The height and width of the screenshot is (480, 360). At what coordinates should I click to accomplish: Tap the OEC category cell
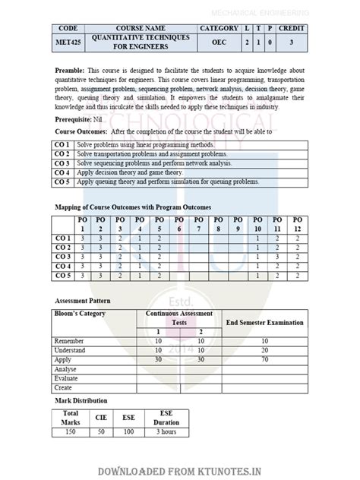coord(219,44)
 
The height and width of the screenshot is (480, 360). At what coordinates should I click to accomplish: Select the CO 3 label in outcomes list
coord(62,163)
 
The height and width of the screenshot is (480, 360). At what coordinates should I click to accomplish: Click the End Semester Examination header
coord(265,322)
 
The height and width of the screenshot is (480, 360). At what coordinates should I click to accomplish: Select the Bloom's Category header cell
coord(80,314)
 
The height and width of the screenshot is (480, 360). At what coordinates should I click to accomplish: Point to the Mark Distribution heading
coord(81,400)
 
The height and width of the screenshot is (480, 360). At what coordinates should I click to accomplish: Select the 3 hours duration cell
coord(163,431)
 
